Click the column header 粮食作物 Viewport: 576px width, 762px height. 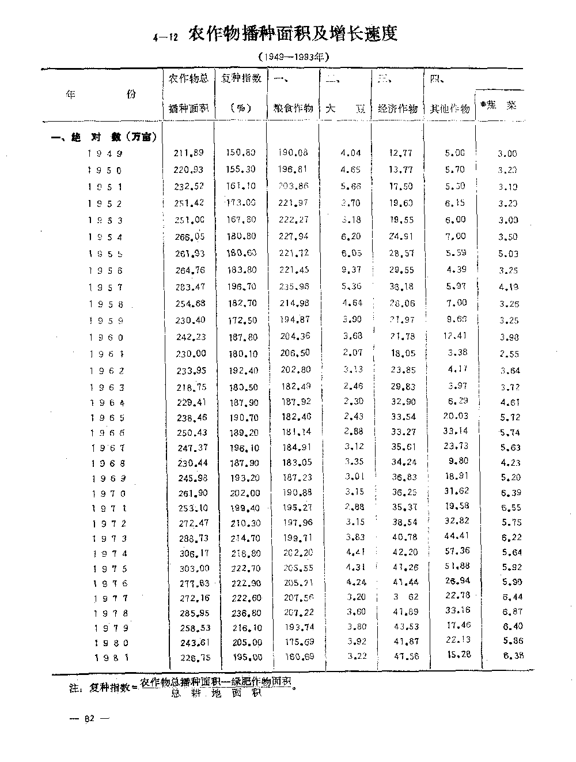[x=293, y=108]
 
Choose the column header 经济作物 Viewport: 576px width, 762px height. [x=397, y=108]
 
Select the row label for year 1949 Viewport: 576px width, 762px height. [x=106, y=153]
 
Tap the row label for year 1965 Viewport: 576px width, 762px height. [x=107, y=418]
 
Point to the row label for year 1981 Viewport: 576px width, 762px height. [x=109, y=657]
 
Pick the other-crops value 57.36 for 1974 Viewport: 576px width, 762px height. [x=457, y=552]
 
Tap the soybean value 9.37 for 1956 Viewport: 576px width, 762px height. [x=351, y=270]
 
